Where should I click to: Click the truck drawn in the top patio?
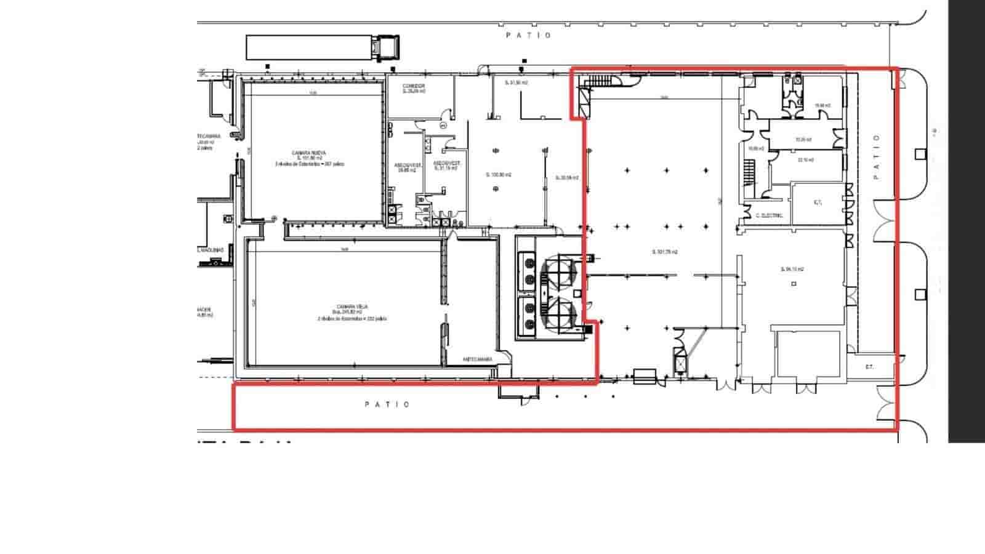click(x=323, y=47)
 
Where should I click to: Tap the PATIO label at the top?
click(x=529, y=36)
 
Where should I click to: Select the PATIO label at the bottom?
click(x=387, y=404)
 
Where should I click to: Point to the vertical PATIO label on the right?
click(x=876, y=156)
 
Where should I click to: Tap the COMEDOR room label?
click(x=414, y=86)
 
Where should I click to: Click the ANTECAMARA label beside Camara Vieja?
click(x=477, y=359)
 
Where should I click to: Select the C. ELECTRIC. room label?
click(x=769, y=215)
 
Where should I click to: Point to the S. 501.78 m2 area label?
click(x=665, y=252)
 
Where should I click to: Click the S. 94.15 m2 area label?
click(x=792, y=269)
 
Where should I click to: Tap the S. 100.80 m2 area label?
click(x=499, y=175)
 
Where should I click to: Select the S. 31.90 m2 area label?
click(x=516, y=82)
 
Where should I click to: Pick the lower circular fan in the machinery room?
click(x=559, y=311)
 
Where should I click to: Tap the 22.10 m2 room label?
click(x=805, y=159)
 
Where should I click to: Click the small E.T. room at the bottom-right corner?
click(x=869, y=367)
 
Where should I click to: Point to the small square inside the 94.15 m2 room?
click(x=794, y=284)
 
